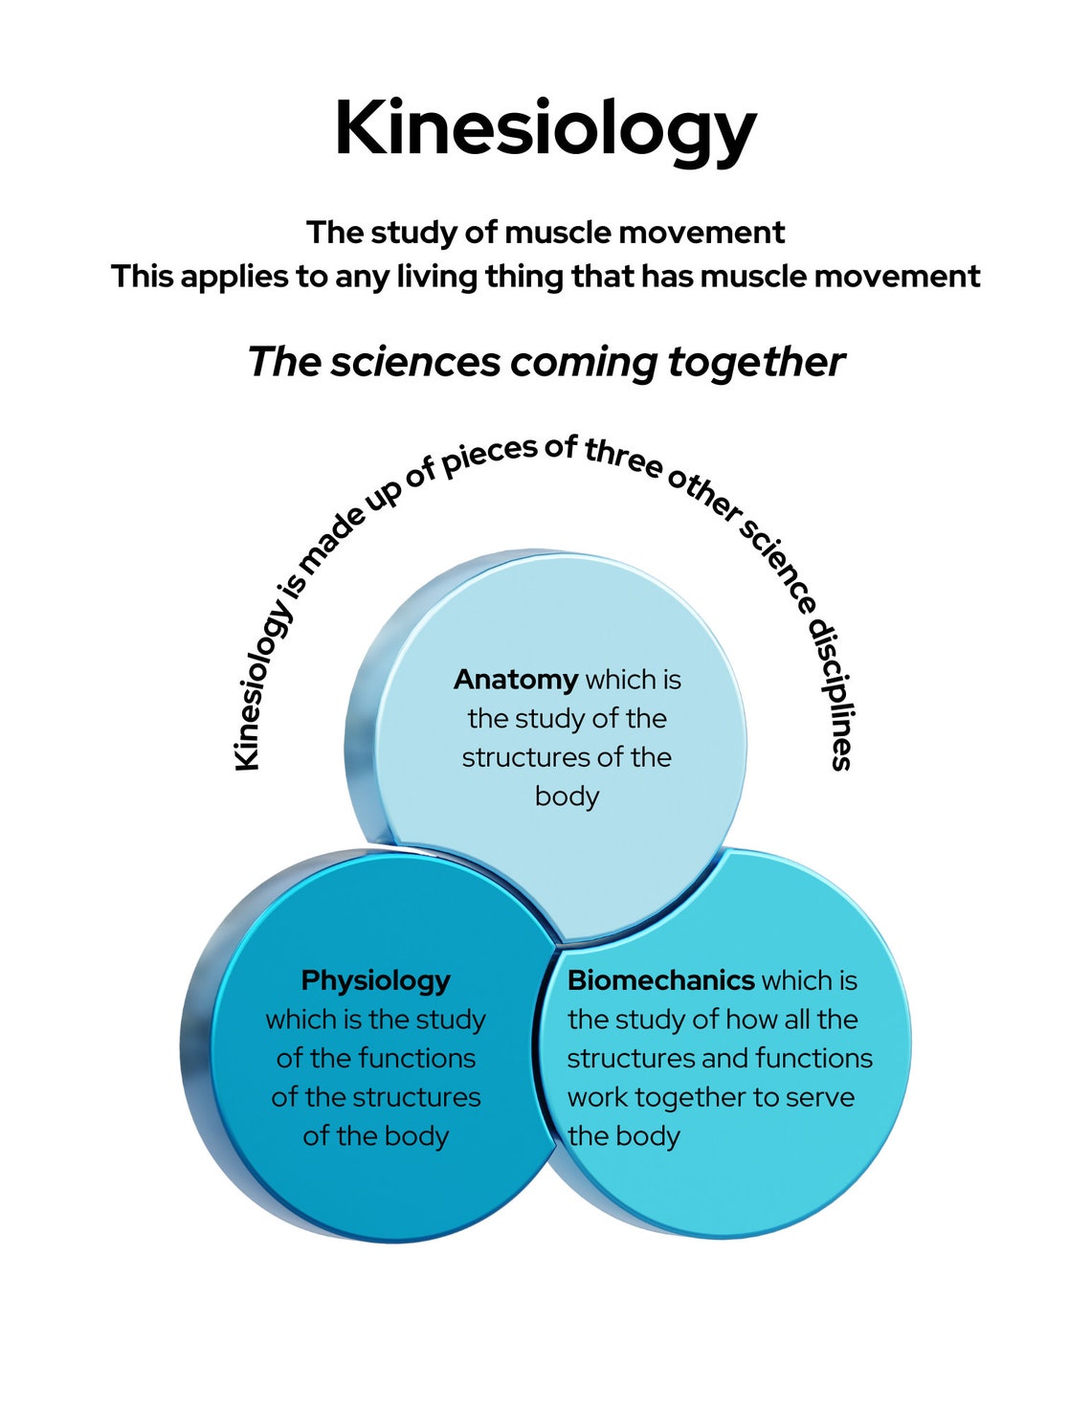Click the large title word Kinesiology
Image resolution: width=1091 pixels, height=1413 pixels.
click(x=545, y=129)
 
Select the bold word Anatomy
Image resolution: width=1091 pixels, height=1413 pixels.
click(x=515, y=680)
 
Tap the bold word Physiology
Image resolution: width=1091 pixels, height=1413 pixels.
click(x=375, y=981)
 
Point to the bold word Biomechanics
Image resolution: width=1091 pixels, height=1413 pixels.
click(x=661, y=980)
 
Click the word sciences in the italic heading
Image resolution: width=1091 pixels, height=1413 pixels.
click(x=415, y=362)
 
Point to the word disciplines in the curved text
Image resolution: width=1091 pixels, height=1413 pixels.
click(x=831, y=694)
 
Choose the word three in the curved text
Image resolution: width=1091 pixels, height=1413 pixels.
click(x=624, y=459)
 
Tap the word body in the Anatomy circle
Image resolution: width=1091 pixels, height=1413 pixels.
click(x=567, y=796)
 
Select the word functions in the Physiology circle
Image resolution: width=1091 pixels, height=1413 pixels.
click(x=414, y=1058)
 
